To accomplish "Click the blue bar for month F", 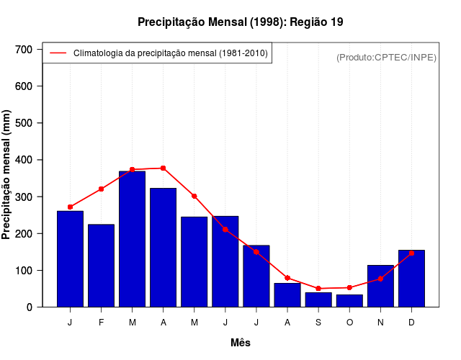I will point(101,266).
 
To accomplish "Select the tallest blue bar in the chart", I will point(133,239).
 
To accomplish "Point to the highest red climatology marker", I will point(164,168).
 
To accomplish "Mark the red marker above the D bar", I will point(411,253).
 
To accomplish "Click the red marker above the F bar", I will point(101,189).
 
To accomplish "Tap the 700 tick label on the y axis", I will point(24,49).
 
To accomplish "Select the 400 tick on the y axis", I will point(24,160).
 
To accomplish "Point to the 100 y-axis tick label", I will point(24,271).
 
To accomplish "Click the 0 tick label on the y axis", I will point(29,307).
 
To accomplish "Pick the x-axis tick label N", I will point(380,323).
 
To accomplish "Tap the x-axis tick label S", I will point(318,323).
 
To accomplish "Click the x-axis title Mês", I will point(241,343).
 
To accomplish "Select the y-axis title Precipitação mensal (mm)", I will point(7,175).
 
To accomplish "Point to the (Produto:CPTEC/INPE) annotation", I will point(386,57).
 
